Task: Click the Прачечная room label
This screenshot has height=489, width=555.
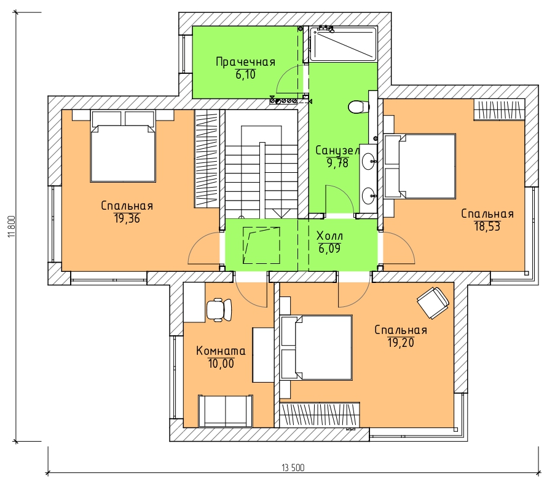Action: pyautogui.click(x=245, y=62)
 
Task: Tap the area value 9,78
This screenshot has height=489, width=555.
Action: pyautogui.click(x=337, y=163)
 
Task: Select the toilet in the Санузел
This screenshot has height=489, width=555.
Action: pyautogui.click(x=358, y=106)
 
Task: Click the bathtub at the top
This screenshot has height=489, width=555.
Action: pyautogui.click(x=342, y=44)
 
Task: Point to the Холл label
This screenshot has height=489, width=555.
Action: pyautogui.click(x=329, y=236)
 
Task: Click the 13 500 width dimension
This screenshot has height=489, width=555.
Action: pyautogui.click(x=293, y=467)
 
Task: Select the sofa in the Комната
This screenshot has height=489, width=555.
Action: pyautogui.click(x=225, y=410)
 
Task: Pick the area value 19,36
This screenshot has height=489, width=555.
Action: pyautogui.click(x=127, y=218)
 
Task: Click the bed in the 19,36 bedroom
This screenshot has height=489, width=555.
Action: pyautogui.click(x=123, y=146)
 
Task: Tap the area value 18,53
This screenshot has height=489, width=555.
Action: pyautogui.click(x=487, y=226)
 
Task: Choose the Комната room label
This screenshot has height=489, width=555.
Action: pyautogui.click(x=221, y=351)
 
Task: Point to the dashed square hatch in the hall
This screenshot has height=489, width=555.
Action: pyautogui.click(x=261, y=245)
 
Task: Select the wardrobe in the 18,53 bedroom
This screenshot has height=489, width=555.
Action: pyautogui.click(x=499, y=110)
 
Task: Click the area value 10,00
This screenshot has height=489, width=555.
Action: pyautogui.click(x=221, y=364)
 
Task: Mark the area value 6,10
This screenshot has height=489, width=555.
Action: pyautogui.click(x=245, y=75)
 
